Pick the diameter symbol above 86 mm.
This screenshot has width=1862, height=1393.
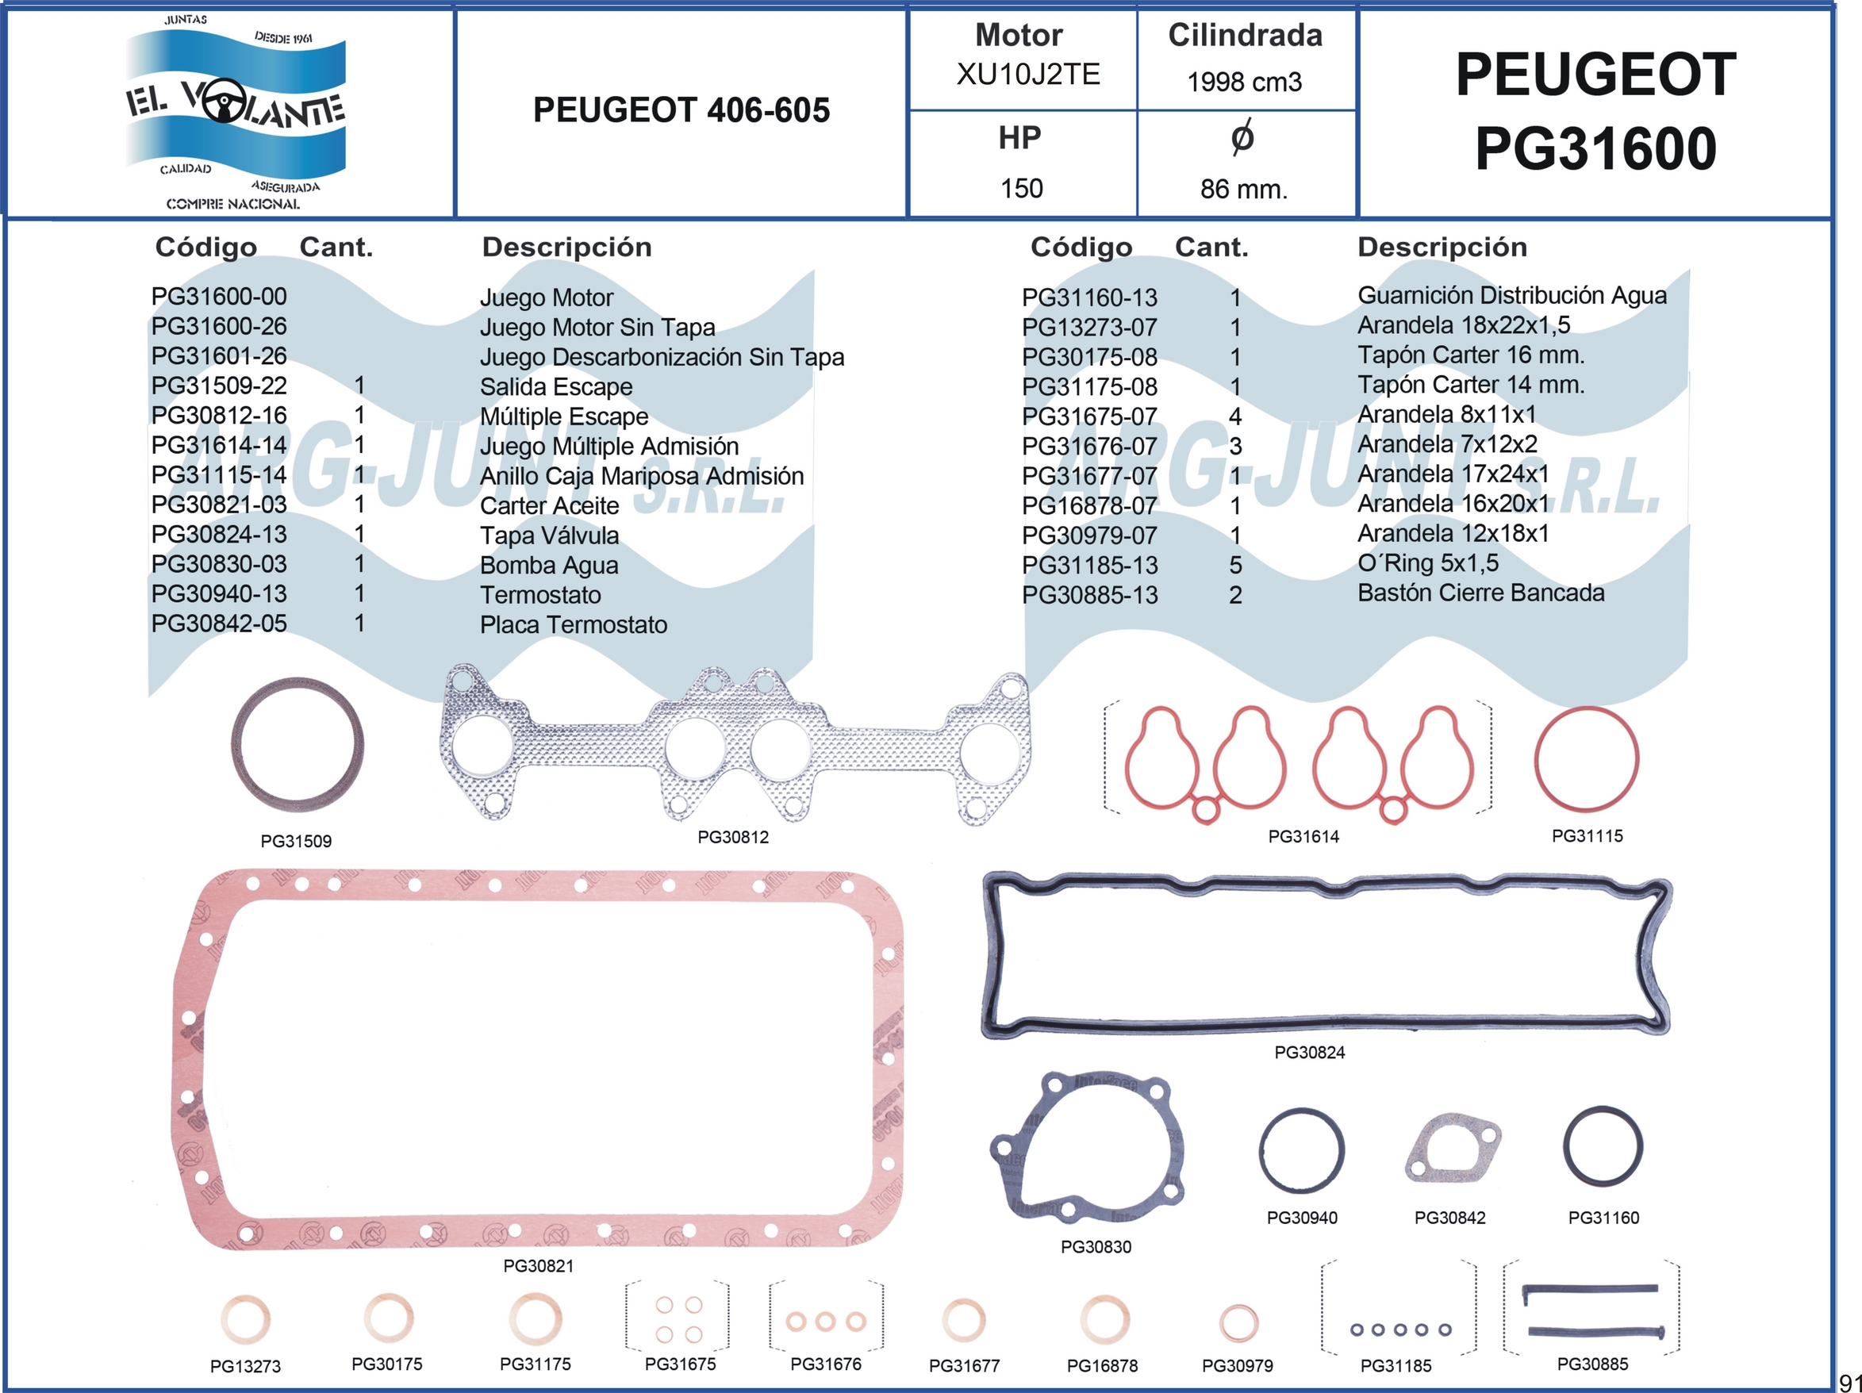pyautogui.click(x=1242, y=137)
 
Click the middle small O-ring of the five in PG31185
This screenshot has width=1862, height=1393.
pyautogui.click(x=1399, y=1330)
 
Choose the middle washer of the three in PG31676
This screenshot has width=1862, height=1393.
pyautogui.click(x=826, y=1322)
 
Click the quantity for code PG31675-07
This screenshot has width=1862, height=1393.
pyautogui.click(x=1235, y=416)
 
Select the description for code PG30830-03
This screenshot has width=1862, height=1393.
pyautogui.click(x=549, y=565)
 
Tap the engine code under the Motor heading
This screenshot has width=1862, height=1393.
pyautogui.click(x=1028, y=74)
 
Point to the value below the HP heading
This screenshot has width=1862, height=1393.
pyautogui.click(x=1021, y=188)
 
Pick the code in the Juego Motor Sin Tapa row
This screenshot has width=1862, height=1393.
pyautogui.click(x=219, y=326)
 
